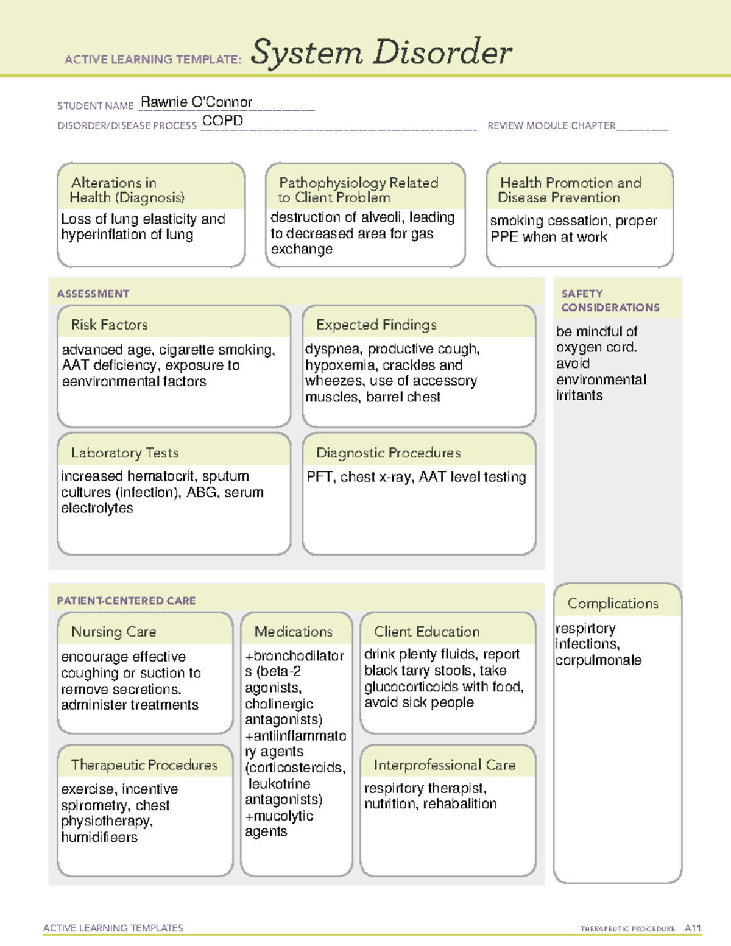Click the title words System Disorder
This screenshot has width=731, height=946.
click(381, 52)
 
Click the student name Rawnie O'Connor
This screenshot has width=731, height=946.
click(196, 102)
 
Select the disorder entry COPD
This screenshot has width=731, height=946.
click(222, 121)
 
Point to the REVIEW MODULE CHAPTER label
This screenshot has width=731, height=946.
click(551, 125)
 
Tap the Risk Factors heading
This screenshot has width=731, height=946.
click(110, 325)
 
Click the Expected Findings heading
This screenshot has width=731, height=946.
click(376, 325)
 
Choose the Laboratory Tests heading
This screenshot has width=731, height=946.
click(125, 453)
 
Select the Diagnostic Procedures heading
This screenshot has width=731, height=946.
click(388, 453)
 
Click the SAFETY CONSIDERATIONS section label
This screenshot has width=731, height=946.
click(610, 300)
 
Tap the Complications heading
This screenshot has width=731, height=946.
click(613, 603)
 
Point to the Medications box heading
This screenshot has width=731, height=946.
click(294, 632)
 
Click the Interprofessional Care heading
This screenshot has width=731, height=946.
click(445, 764)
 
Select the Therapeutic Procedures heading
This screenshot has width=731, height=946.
click(144, 764)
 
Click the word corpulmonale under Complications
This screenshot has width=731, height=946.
click(598, 660)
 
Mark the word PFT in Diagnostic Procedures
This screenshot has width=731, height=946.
click(319, 477)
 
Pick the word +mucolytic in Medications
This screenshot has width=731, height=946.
click(279, 816)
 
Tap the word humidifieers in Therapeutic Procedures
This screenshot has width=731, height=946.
click(99, 838)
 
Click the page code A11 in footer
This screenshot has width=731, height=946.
click(693, 928)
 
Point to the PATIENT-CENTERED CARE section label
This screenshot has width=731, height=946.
click(126, 601)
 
